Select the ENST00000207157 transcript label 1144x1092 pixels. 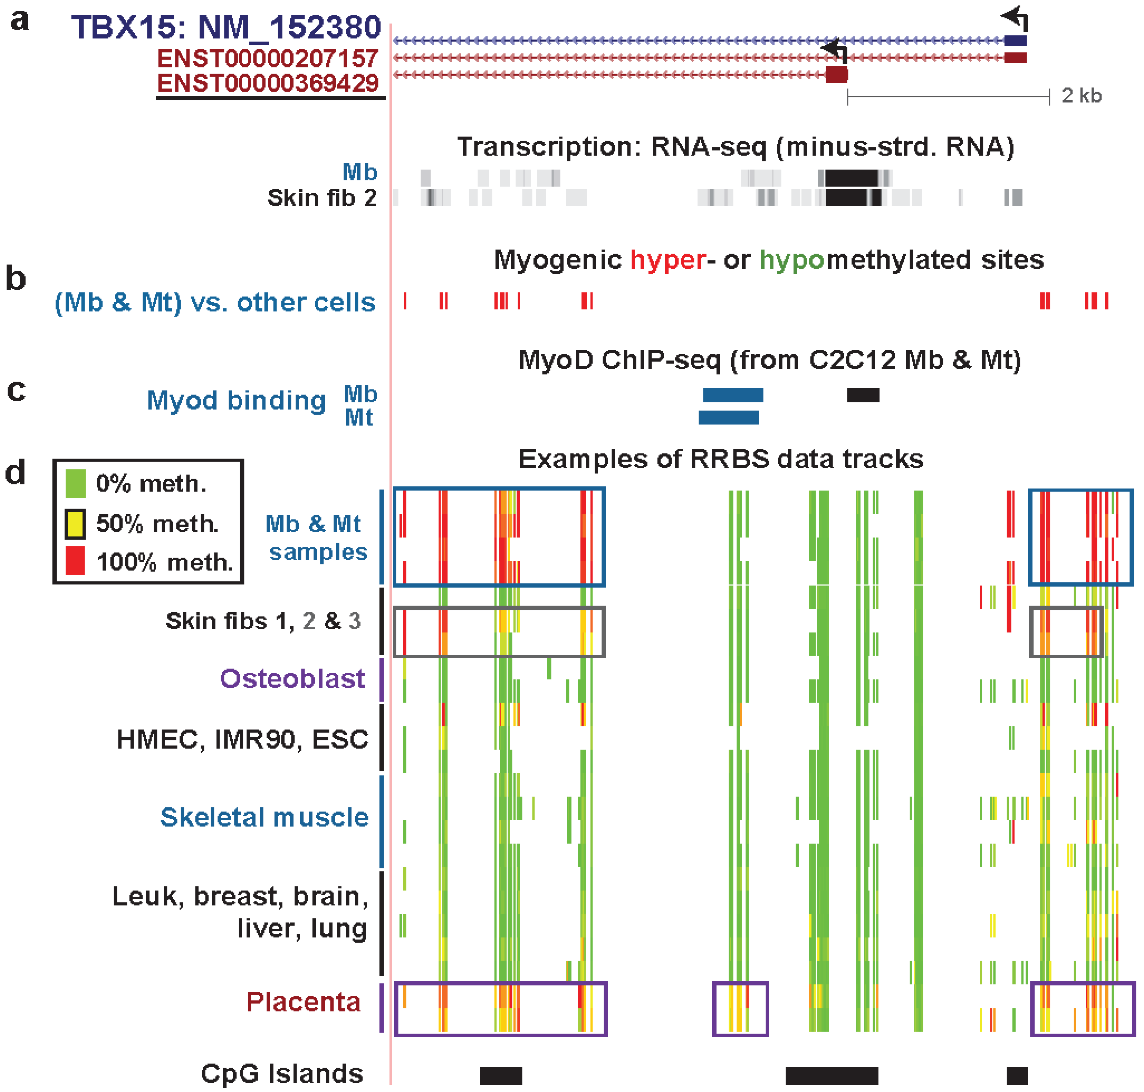pyautogui.click(x=268, y=58)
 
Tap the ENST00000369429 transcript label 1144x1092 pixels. pyautogui.click(x=268, y=83)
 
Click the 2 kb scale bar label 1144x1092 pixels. pyautogui.click(x=1081, y=96)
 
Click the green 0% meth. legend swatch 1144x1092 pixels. pyautogui.click(x=76, y=483)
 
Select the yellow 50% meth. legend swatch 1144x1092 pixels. pyautogui.click(x=76, y=523)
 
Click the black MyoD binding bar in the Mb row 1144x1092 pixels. pyautogui.click(x=863, y=395)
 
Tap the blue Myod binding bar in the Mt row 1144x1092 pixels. pyautogui.click(x=728, y=417)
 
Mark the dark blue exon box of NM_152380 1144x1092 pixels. pyautogui.click(x=1015, y=40)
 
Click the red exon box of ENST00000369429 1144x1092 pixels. pyautogui.click(x=837, y=74)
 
